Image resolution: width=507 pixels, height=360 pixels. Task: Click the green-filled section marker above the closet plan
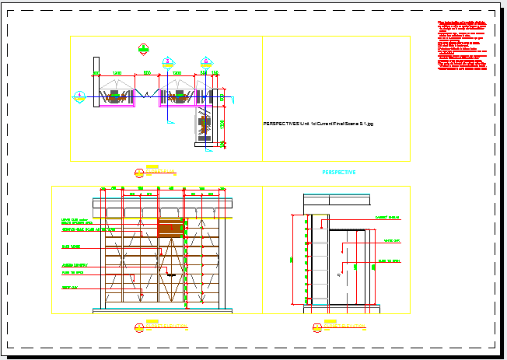[144, 49]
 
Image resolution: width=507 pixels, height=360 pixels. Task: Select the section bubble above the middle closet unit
[167, 61]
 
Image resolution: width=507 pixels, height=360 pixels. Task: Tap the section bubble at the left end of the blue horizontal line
[79, 96]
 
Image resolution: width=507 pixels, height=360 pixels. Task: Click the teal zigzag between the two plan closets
[147, 96]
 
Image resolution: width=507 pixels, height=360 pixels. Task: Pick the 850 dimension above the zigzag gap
[147, 73]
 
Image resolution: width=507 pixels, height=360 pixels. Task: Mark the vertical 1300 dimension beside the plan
[222, 123]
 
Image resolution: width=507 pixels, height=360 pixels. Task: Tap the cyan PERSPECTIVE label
[338, 172]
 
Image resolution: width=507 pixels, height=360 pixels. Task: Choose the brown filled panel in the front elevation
[170, 229]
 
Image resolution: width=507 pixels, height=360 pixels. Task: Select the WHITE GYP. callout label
[389, 241]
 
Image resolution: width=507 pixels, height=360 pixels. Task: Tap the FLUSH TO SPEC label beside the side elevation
[388, 260]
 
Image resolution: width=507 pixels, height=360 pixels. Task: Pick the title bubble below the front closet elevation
[139, 327]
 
